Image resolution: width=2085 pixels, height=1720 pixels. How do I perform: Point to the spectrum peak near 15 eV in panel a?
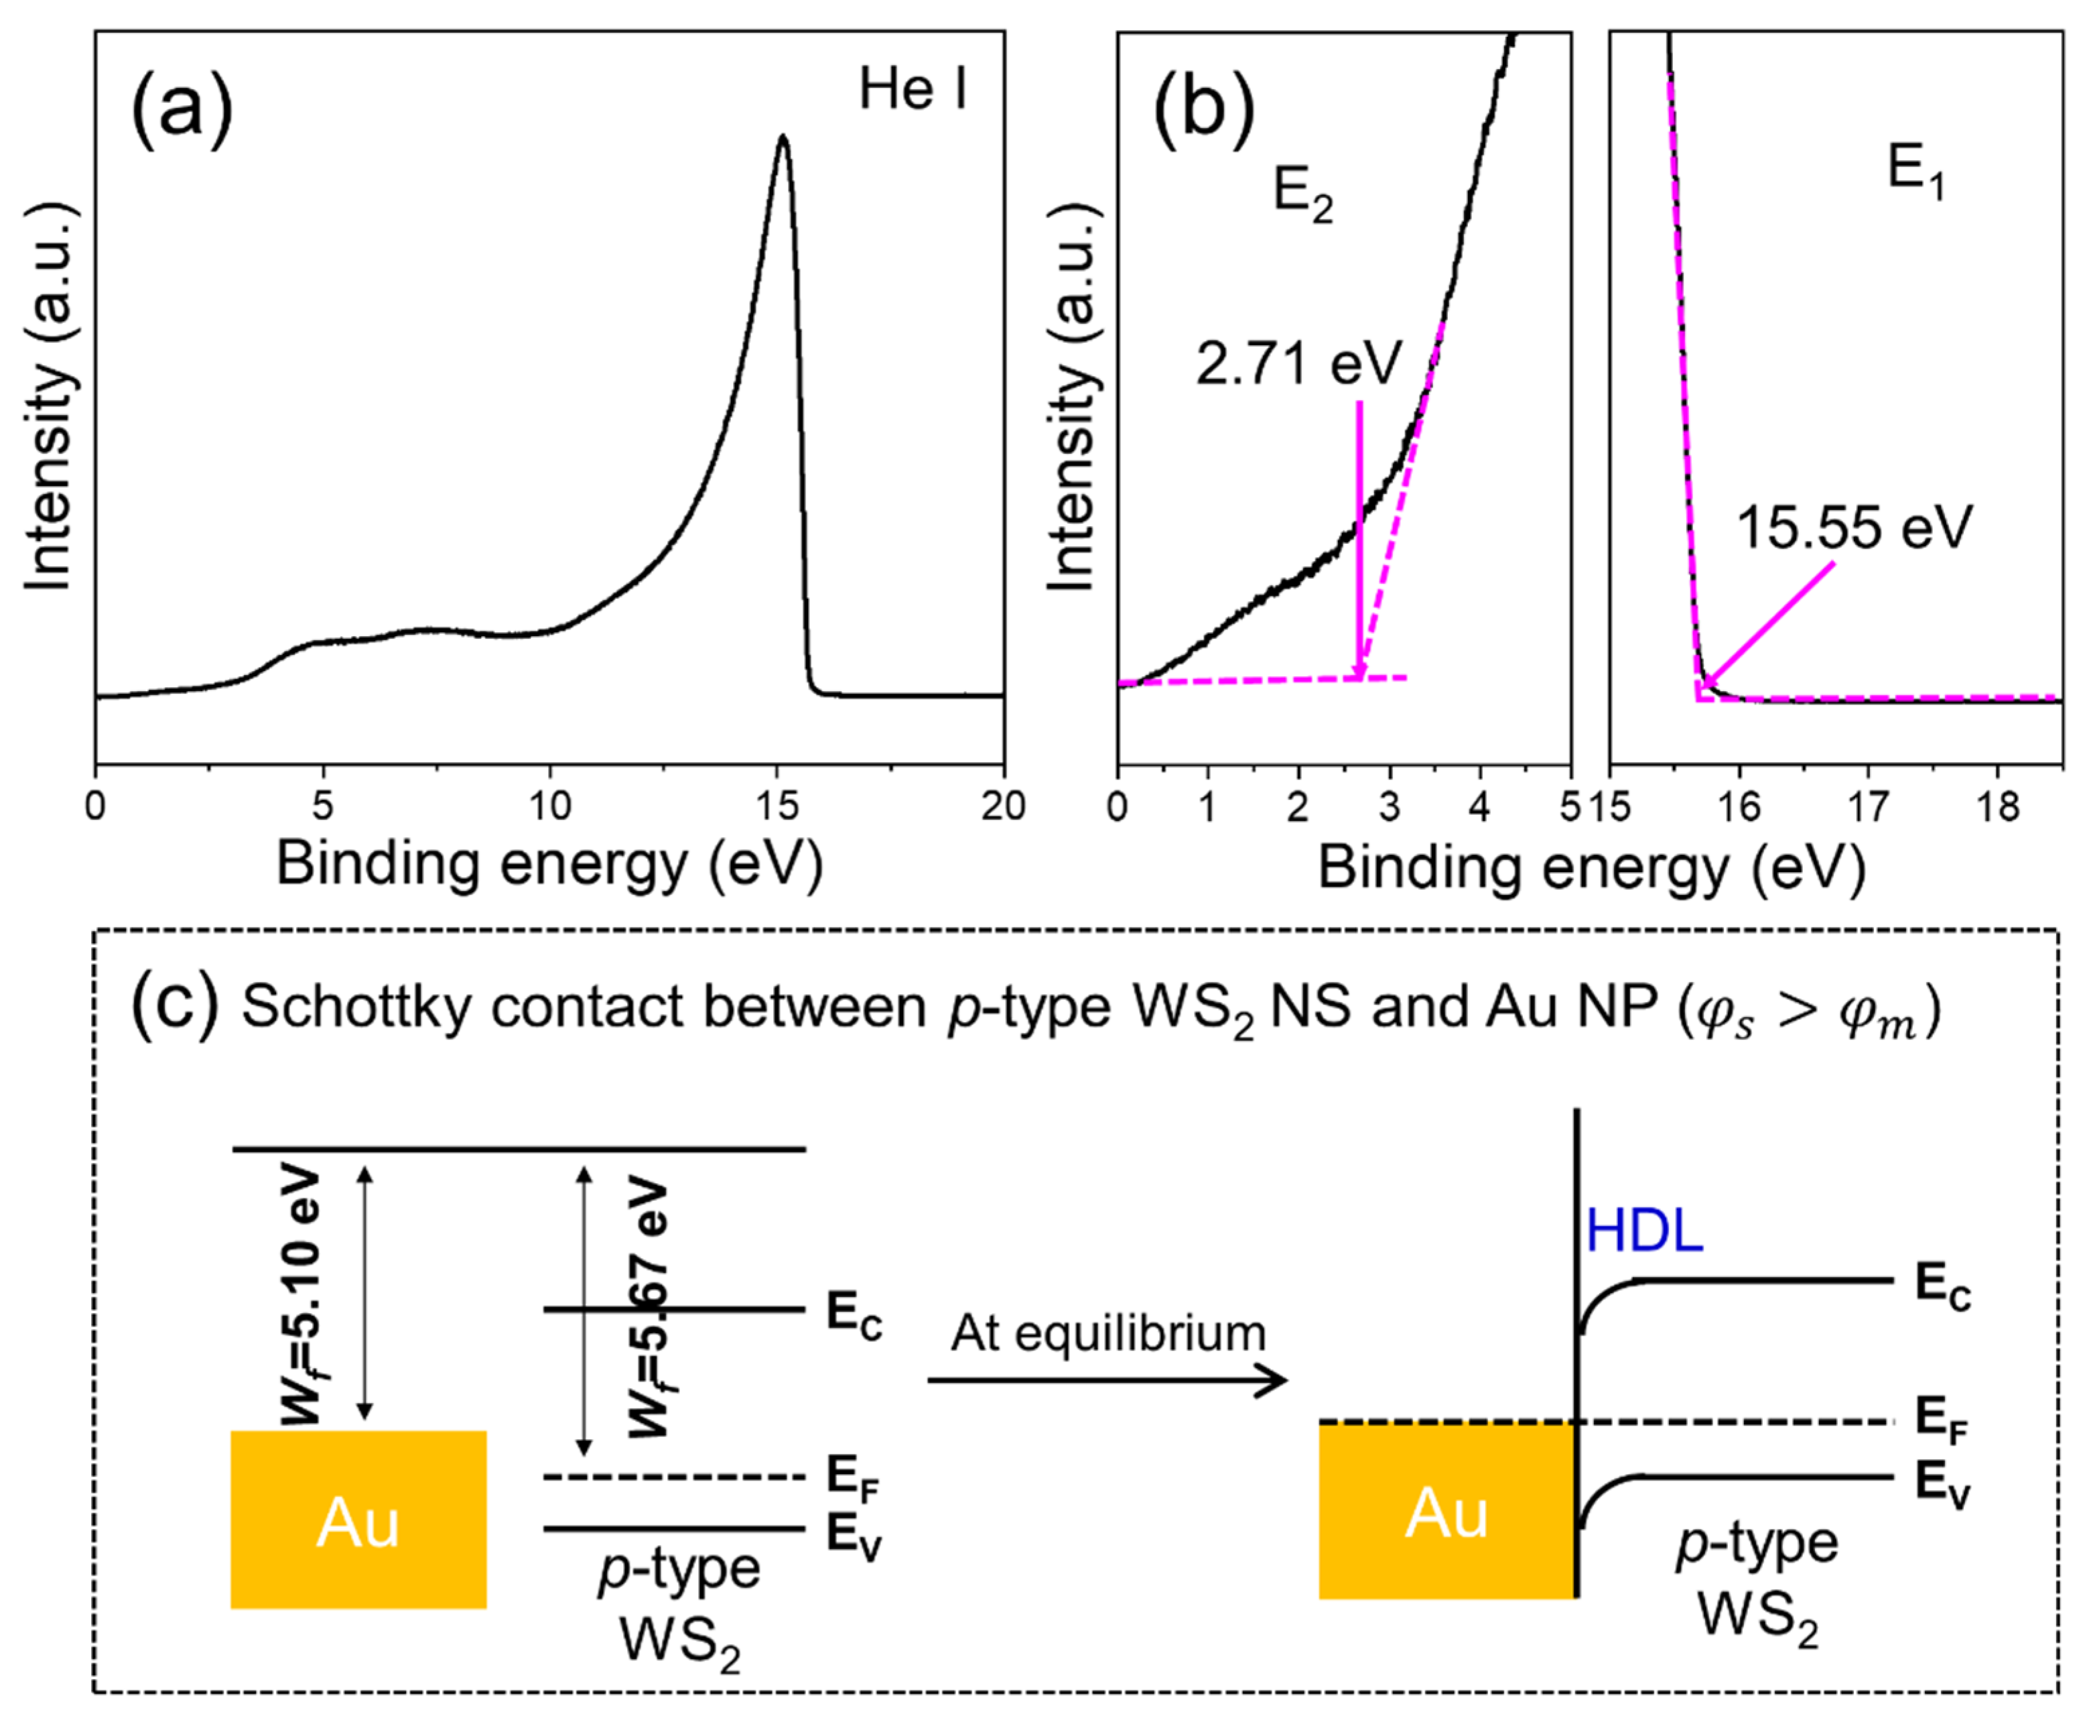[x=783, y=139]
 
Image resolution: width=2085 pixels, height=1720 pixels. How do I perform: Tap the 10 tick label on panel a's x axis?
[x=550, y=806]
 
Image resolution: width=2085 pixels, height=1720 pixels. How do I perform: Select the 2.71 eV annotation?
[x=1298, y=363]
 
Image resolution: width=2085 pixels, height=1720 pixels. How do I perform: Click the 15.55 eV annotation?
[x=1853, y=527]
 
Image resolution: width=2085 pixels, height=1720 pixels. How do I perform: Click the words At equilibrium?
[x=1108, y=1333]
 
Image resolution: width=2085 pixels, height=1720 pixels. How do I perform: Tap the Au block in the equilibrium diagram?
[x=1446, y=1513]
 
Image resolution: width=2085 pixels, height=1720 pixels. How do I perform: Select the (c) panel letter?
[x=174, y=1005]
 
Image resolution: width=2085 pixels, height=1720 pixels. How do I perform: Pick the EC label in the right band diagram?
[x=1942, y=1286]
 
